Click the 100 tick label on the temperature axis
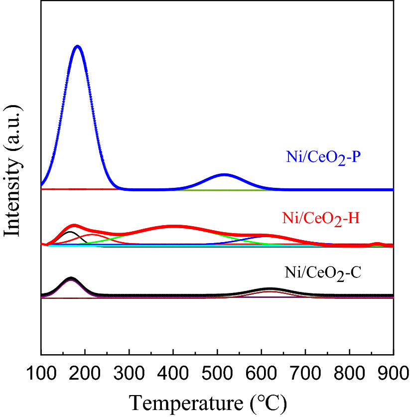pos(41,372)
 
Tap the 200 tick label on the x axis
pos(85,372)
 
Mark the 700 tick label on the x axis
pos(305,372)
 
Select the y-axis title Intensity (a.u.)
pos(13,170)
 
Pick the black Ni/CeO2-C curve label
pos(323,273)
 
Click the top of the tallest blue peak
pos(77,46)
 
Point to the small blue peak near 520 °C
pos(225,174)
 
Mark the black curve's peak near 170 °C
pos(71,278)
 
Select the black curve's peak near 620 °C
pos(270,289)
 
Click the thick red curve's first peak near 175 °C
pos(74,226)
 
